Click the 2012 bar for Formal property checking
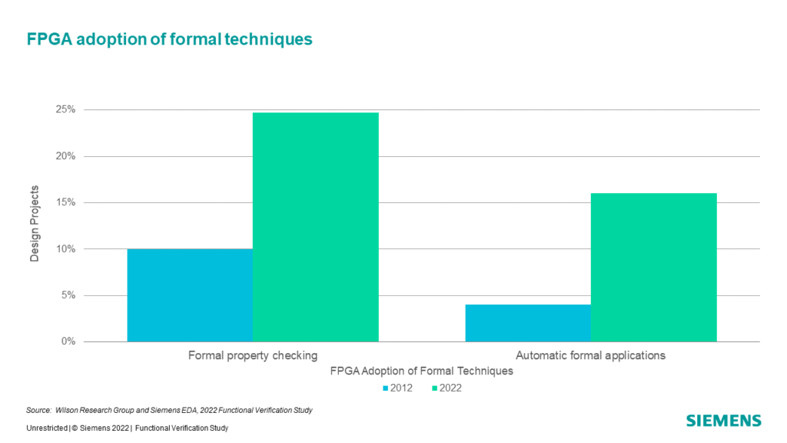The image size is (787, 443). click(x=190, y=295)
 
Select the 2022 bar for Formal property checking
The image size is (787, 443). click(x=316, y=227)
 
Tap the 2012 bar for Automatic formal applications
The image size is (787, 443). click(x=528, y=323)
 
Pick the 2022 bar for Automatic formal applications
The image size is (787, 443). click(x=653, y=268)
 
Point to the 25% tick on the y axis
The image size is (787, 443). click(x=66, y=109)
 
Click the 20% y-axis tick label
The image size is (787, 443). click(x=66, y=156)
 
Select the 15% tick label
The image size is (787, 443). click(x=66, y=202)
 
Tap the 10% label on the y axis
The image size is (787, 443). click(x=66, y=249)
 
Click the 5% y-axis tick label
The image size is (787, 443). click(x=68, y=295)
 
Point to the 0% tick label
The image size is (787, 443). click(x=68, y=341)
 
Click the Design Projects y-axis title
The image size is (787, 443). click(x=34, y=224)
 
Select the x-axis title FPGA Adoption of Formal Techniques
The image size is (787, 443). click(x=422, y=371)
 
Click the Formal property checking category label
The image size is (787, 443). click(x=253, y=355)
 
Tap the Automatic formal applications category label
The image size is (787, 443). click(x=591, y=355)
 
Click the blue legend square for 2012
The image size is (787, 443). click(x=386, y=388)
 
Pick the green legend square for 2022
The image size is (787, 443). click(x=435, y=388)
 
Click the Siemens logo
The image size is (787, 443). click(x=724, y=421)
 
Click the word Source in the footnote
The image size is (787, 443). click(x=38, y=411)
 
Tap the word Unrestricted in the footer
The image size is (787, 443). click(x=47, y=428)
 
